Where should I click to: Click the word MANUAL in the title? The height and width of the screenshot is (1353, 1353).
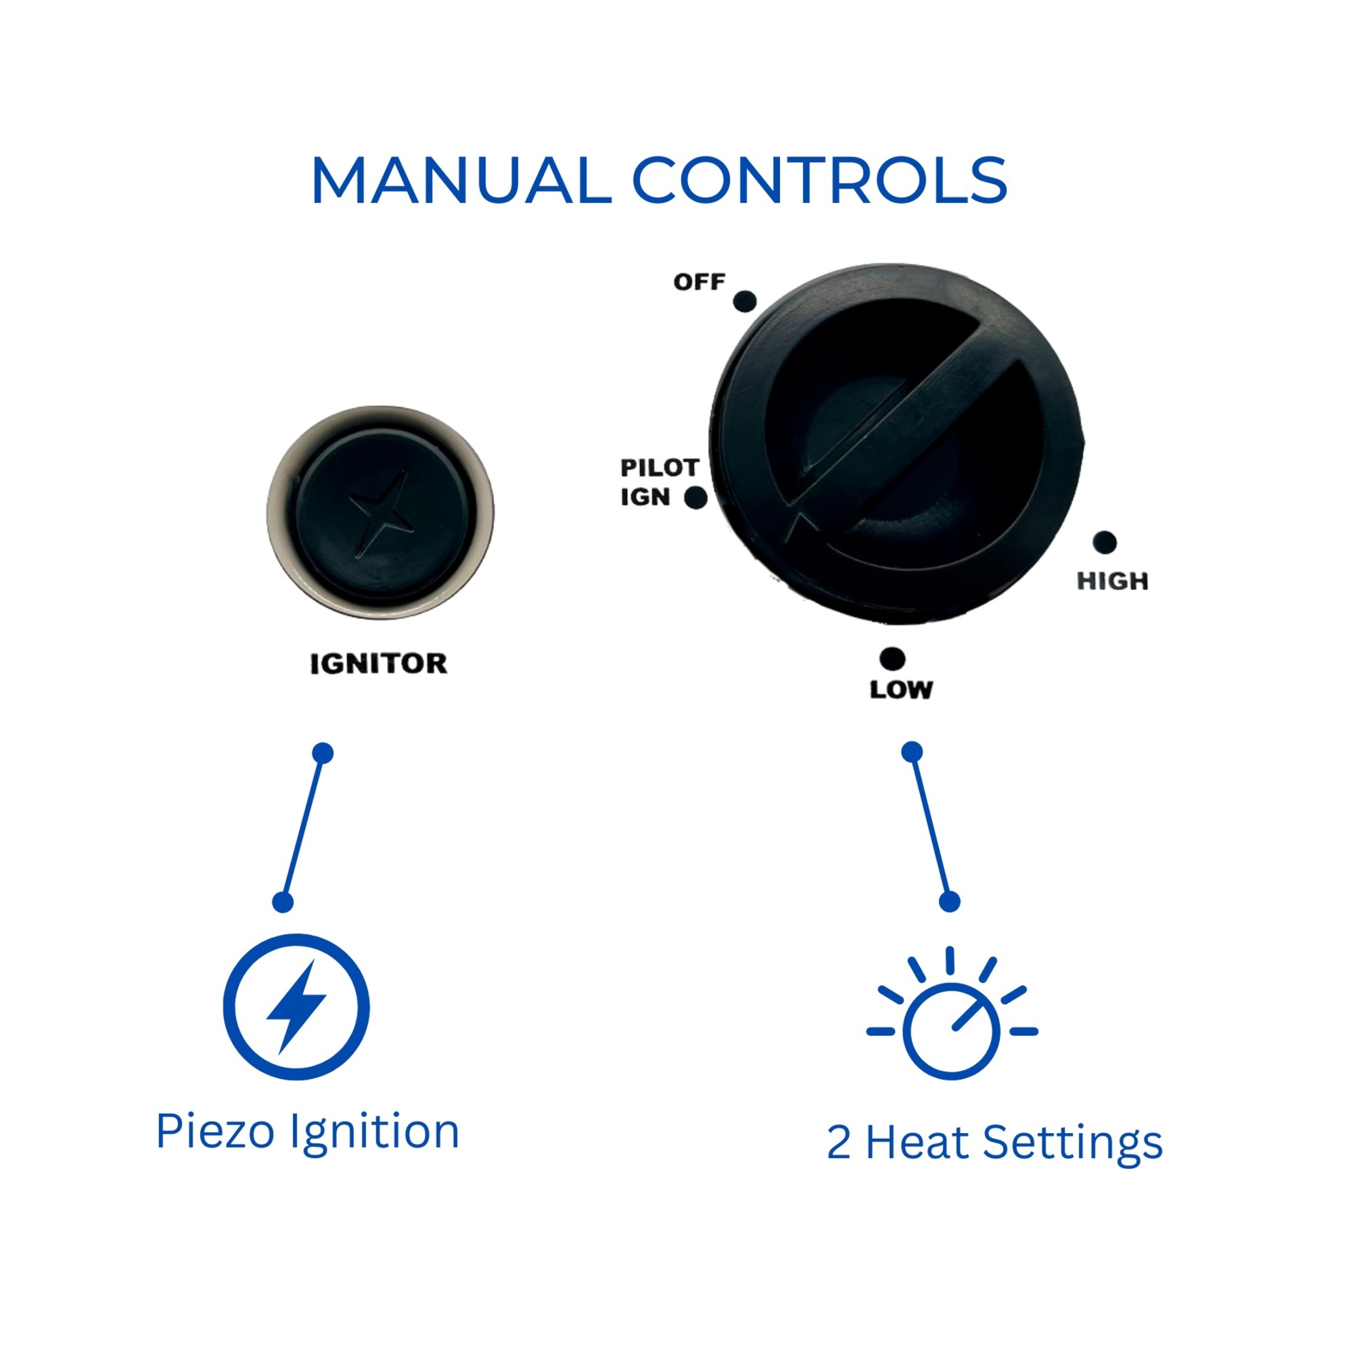click(461, 181)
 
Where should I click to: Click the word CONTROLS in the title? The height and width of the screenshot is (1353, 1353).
click(820, 181)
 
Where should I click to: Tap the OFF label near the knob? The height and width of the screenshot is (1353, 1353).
click(699, 282)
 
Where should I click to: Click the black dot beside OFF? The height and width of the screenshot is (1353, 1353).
click(744, 301)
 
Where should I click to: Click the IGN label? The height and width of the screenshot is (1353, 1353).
click(645, 497)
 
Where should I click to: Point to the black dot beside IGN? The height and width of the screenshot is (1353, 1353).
click(695, 497)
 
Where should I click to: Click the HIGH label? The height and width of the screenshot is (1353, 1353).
click(1112, 581)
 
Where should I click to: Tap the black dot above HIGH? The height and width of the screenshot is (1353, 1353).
click(1105, 542)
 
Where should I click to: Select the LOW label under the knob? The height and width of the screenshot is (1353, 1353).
click(901, 690)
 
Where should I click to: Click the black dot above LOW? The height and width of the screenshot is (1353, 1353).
click(892, 659)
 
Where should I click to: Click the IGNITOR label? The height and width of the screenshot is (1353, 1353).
click(378, 664)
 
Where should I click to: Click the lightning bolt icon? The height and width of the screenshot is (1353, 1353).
click(297, 1007)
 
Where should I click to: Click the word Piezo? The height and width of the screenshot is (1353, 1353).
click(215, 1131)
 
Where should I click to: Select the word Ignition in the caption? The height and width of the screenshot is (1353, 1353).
click(375, 1133)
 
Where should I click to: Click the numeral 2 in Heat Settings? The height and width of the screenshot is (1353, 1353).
click(839, 1142)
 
